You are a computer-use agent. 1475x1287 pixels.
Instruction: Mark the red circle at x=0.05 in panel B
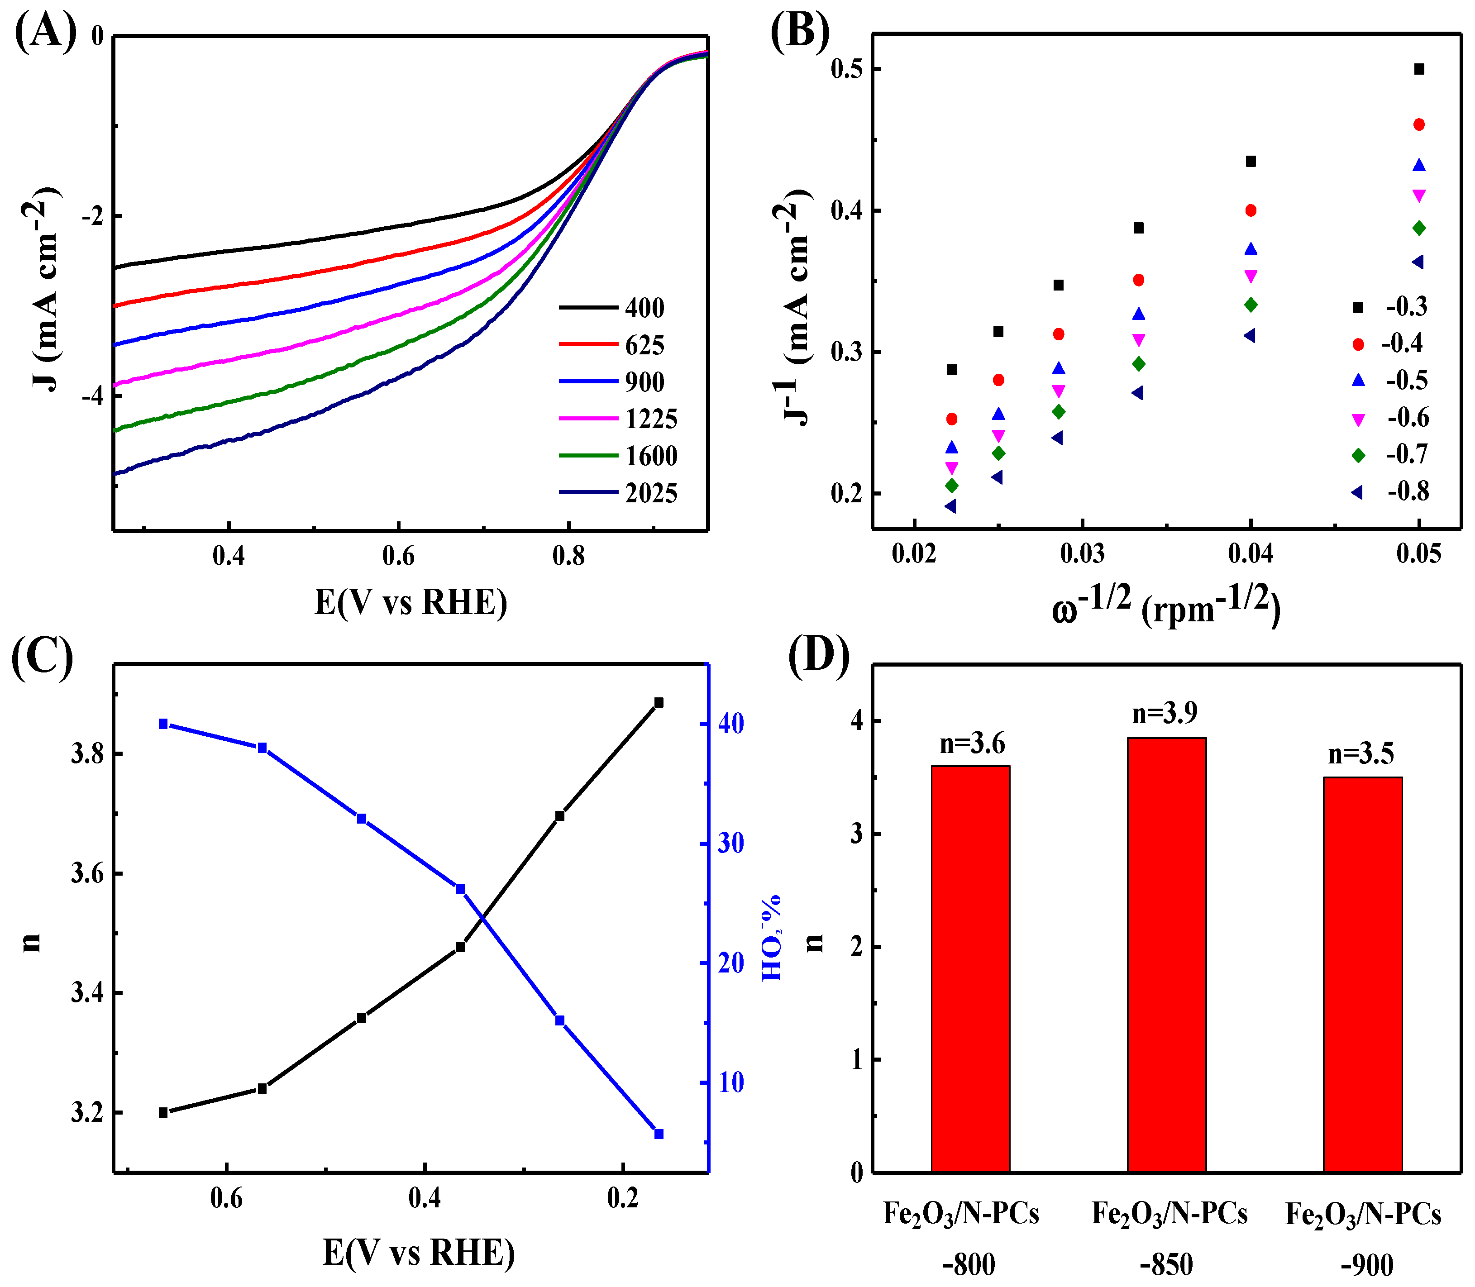point(1419,125)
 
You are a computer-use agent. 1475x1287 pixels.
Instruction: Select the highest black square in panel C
point(659,702)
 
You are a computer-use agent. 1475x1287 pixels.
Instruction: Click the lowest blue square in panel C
point(659,1134)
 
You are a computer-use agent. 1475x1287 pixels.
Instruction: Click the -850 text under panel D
point(1166,1265)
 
